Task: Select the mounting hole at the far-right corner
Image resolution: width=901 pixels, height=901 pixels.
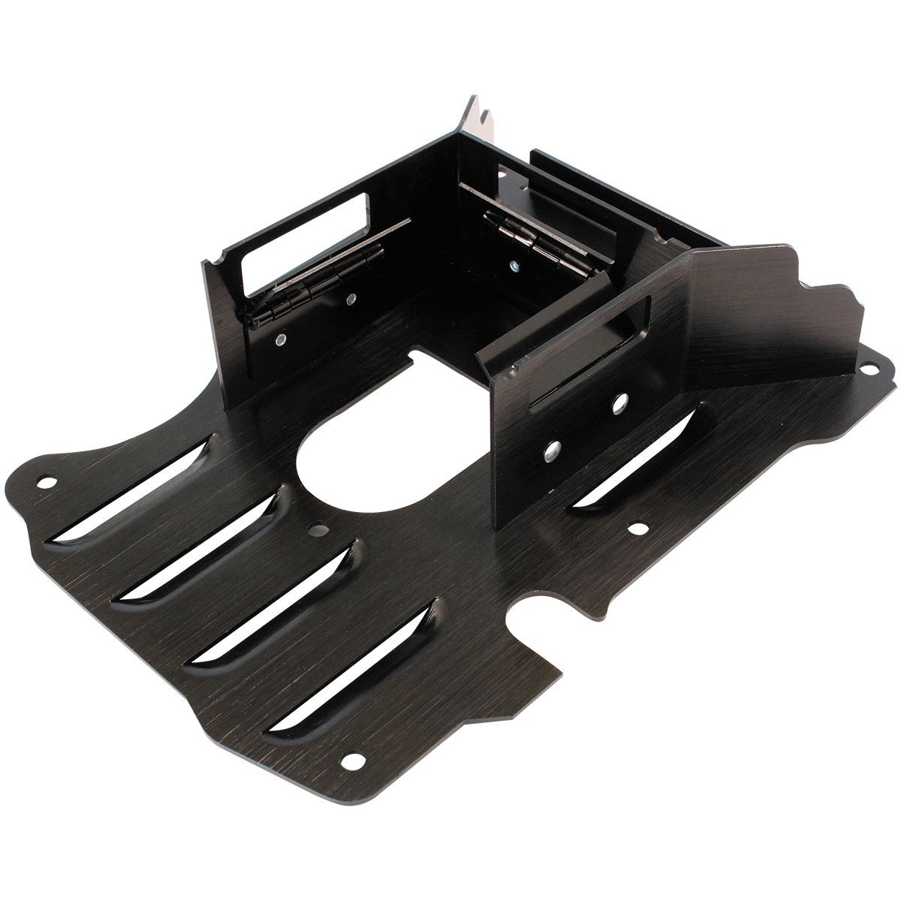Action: click(x=872, y=368)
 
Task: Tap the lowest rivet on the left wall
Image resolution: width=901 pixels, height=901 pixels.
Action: click(x=279, y=339)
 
